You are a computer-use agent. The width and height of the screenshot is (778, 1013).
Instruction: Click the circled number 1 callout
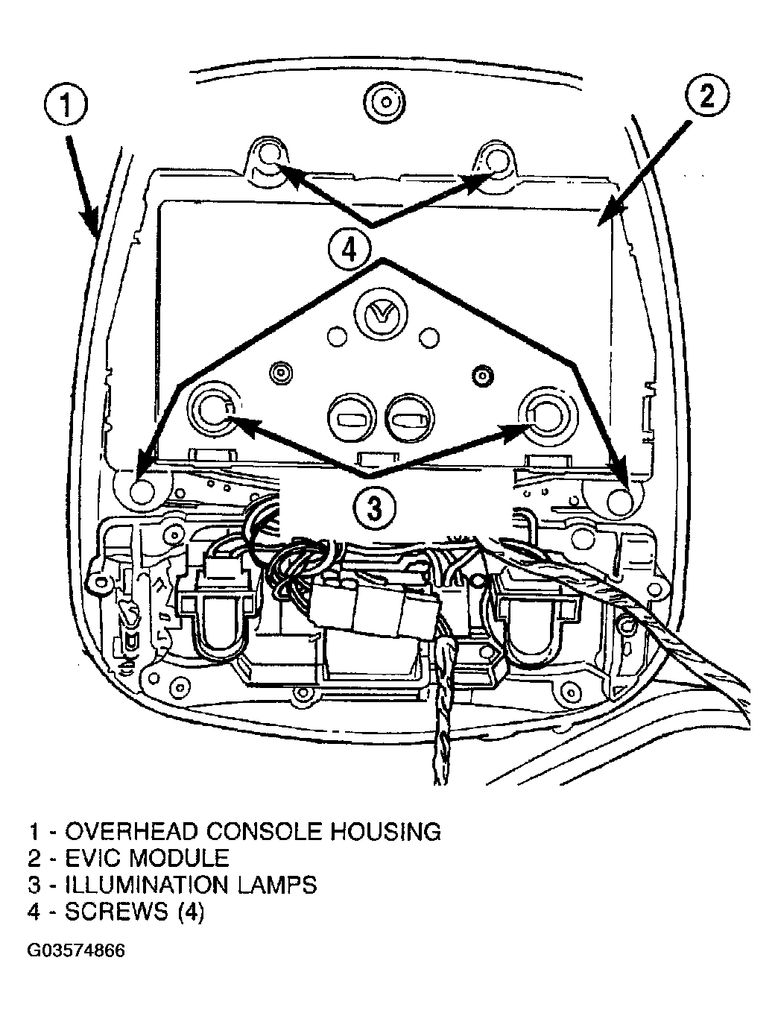(x=66, y=104)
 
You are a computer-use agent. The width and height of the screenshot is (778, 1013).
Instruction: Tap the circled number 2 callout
(x=707, y=97)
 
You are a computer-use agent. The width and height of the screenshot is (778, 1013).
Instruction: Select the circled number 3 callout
(x=375, y=508)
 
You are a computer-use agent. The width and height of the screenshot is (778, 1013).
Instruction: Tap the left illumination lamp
(x=214, y=409)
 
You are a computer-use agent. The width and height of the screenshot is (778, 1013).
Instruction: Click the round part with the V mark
(x=381, y=315)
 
